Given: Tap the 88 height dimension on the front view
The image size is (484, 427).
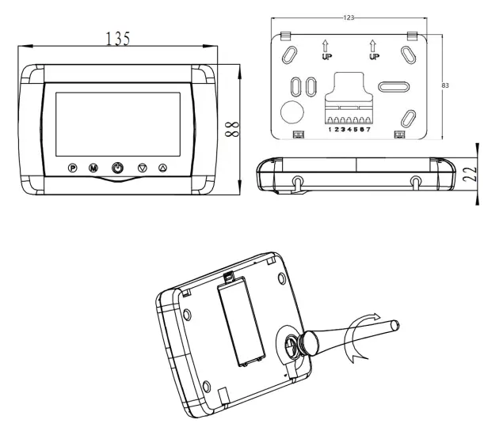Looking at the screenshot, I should tap(231, 129).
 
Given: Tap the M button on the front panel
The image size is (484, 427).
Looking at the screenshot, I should tap(93, 168).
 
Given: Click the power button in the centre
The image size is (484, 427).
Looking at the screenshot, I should tap(117, 168).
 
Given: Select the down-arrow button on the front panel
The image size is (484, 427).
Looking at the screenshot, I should tap(143, 168).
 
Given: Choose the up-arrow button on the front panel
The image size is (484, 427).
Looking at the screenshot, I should tap(163, 168).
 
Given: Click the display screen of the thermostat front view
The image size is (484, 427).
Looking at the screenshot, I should tap(117, 123).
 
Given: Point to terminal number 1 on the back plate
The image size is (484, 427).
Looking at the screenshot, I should tap(330, 128).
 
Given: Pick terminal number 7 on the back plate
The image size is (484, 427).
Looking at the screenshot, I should tap(369, 128).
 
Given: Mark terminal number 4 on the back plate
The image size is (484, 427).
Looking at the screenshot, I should tap(349, 128).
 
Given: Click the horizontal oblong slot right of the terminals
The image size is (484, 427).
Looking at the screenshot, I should tap(393, 85).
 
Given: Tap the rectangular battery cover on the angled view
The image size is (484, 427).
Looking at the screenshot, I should tap(242, 319).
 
